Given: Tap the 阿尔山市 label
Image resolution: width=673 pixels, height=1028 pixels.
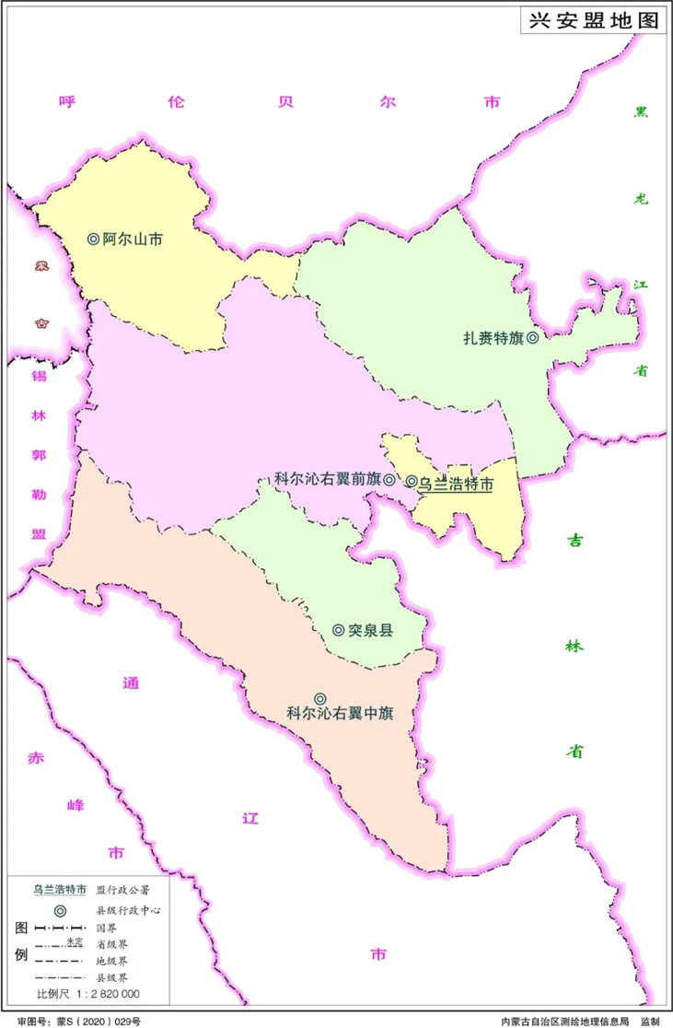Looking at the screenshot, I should tap(133, 239).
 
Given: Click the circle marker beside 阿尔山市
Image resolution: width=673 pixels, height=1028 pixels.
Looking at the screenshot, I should tap(93, 239).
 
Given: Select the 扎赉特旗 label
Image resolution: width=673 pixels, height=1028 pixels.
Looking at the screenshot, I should tap(493, 338).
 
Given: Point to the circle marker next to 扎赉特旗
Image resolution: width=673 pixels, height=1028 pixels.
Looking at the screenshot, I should tap(532, 338).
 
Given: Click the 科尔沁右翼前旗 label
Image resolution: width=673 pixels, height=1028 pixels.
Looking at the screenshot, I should tap(328, 480).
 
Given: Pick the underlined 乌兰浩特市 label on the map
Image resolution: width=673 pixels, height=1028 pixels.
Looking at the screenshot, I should tap(456, 483).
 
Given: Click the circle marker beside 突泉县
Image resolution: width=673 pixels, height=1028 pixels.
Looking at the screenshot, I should tap(338, 631).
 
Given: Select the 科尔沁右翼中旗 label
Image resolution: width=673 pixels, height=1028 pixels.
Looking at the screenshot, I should tap(340, 713).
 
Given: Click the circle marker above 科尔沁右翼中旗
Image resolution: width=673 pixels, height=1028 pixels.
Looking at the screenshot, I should tap(319, 698).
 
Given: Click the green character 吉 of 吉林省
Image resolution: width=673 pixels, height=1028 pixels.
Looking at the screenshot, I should tap(574, 542).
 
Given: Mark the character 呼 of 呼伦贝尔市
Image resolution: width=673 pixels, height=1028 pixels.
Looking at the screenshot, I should tap(65, 103).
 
